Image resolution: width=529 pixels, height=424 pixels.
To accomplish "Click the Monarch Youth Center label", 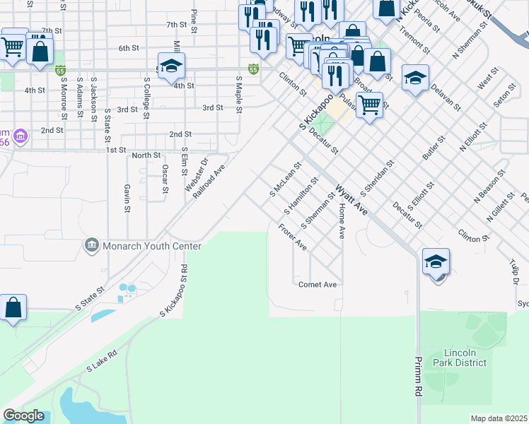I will pos(152,246).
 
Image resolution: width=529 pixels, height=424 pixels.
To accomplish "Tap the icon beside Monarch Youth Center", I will pos(91,246).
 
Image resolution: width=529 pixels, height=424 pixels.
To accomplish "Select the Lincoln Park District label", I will pos(465,358).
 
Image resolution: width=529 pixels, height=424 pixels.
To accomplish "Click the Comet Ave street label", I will pos(317,284).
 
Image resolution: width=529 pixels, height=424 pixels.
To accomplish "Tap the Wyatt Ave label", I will pos(351,200).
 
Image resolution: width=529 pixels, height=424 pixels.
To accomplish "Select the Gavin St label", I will pos(127,199).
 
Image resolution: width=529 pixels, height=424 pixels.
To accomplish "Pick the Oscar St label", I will pos(165,178).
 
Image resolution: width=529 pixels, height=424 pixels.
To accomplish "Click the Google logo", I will pos(23,416).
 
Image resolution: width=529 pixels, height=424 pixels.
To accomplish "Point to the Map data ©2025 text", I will pos(499,418).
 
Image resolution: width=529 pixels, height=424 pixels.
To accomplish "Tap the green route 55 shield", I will pos(253,69).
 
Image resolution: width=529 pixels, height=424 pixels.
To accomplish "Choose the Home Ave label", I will pos(342,222).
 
